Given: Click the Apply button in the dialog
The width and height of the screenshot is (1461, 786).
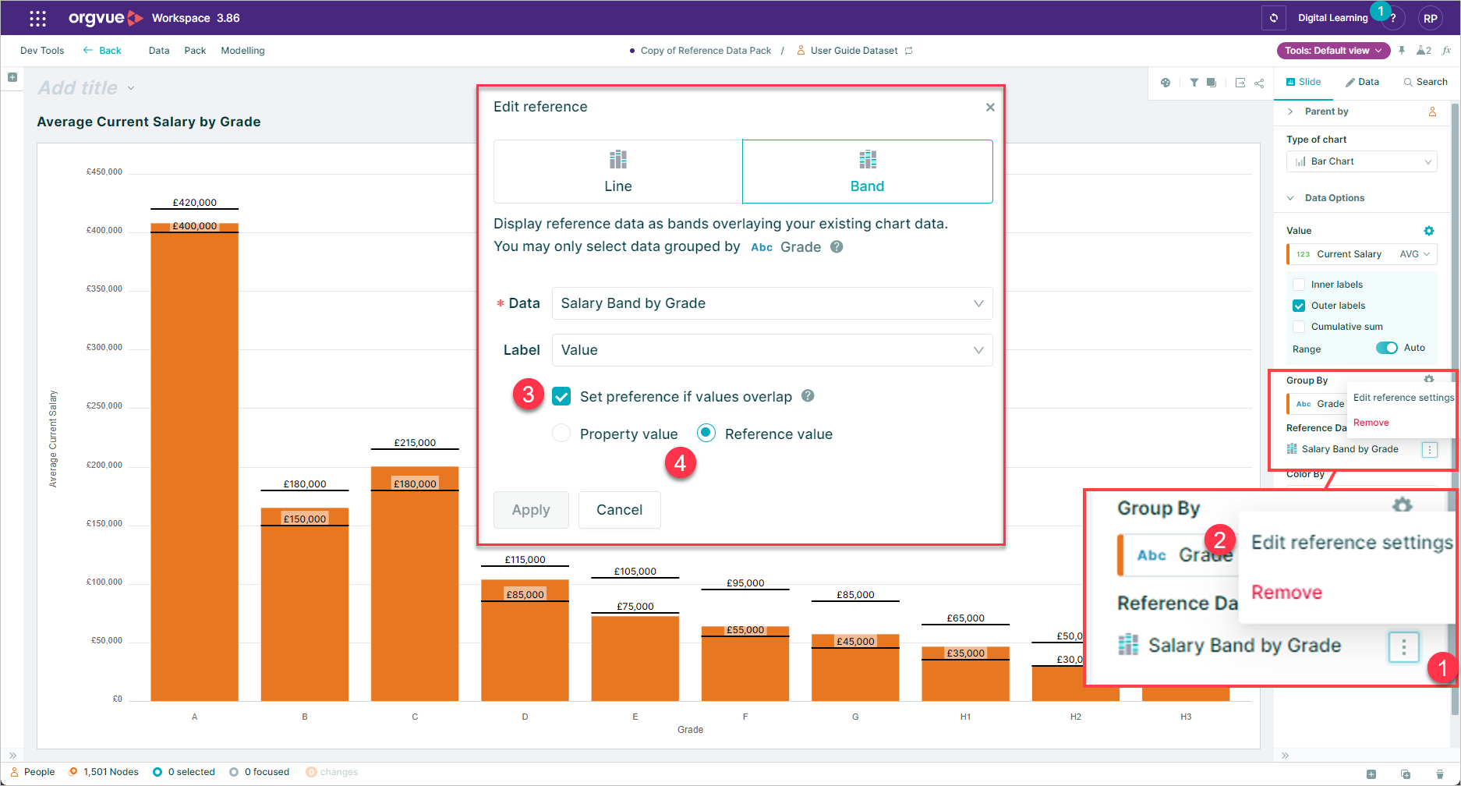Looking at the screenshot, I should coord(531,510).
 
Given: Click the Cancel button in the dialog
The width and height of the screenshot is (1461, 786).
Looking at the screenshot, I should coord(619,510).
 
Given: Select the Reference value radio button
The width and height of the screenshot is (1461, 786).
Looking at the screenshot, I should coord(706,434).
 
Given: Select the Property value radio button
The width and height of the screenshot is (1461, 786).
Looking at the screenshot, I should coord(561,434).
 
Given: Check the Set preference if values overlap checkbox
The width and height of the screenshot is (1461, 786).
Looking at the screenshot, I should coord(561,396).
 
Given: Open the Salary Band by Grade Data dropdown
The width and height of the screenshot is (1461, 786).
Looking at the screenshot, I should coord(771,303).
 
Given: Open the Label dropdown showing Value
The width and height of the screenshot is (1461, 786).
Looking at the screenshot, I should coord(771,350).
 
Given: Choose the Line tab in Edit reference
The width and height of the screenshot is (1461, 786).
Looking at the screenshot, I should coord(617,172).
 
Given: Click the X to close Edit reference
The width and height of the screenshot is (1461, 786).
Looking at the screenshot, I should coord(990,108).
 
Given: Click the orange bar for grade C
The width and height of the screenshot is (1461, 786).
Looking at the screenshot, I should coord(415,593).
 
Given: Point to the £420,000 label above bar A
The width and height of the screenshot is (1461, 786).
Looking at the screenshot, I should coord(195,203).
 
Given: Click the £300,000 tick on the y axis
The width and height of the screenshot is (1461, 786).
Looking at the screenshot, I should coord(104,347).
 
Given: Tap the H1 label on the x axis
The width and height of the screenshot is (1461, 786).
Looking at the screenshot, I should coord(965,717).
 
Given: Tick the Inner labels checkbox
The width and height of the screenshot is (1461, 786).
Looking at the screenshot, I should coord(1299,285).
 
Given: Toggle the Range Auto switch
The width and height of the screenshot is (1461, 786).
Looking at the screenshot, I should coord(1386,348).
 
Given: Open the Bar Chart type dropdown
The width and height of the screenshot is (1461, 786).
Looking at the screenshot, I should coord(1361,161).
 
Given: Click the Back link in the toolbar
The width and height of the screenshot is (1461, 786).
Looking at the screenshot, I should coord(103,51).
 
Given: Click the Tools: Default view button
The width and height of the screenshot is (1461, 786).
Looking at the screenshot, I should coord(1332,51).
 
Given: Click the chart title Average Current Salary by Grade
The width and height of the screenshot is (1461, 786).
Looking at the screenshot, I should coord(149,122).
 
